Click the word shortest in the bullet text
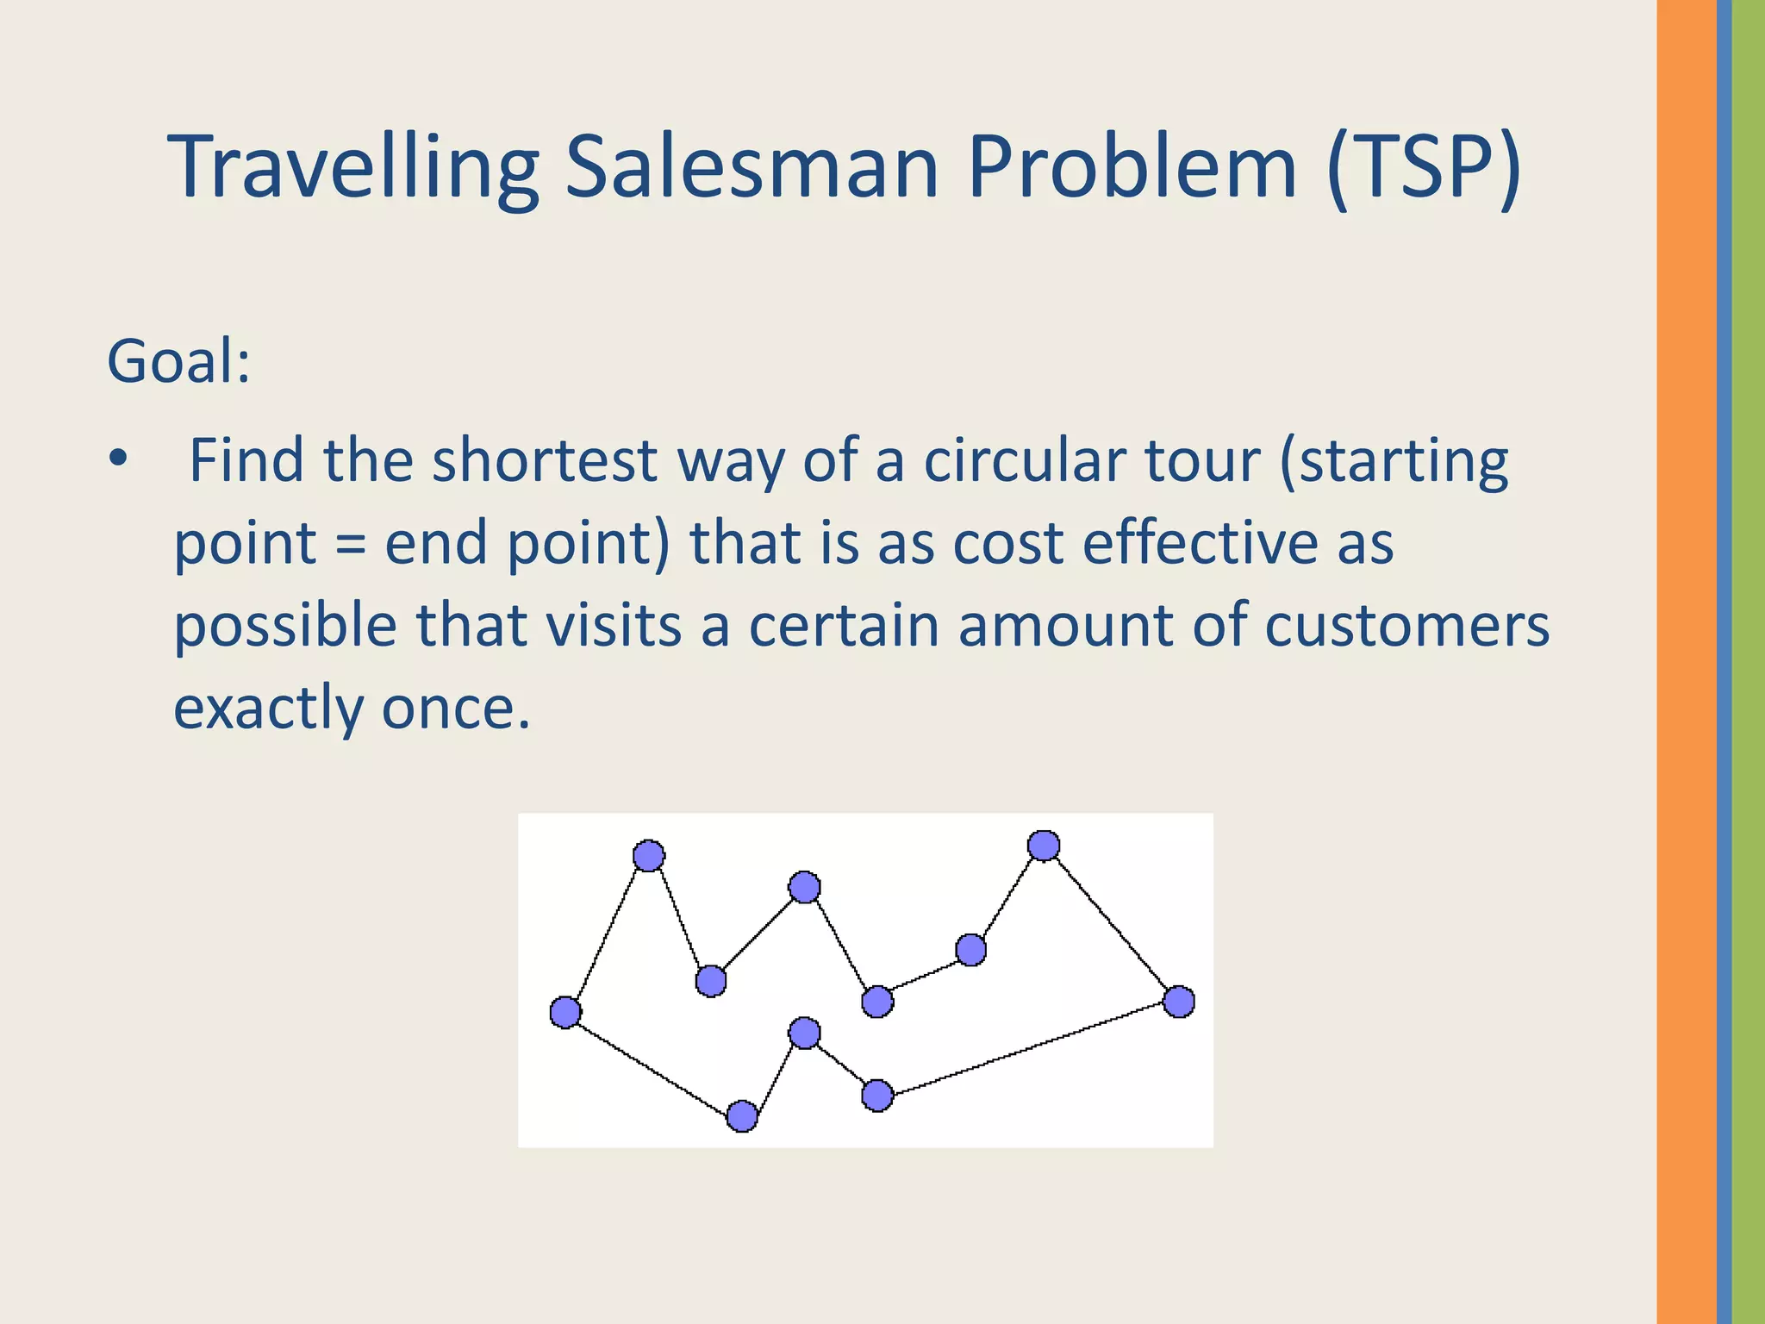(x=544, y=461)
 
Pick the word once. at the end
(x=456, y=709)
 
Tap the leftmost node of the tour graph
(x=565, y=1012)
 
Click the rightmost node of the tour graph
(x=1178, y=1002)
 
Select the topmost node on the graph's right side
(x=1044, y=846)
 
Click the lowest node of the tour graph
(x=742, y=1116)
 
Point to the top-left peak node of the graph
(x=649, y=855)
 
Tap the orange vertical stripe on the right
(x=1686, y=662)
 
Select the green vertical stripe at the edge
(x=1749, y=662)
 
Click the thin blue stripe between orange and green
(x=1724, y=662)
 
